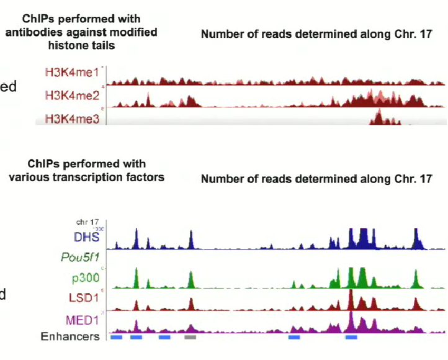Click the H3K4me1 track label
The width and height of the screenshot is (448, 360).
71,73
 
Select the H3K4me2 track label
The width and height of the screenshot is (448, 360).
71,96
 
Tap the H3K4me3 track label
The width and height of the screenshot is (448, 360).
71,118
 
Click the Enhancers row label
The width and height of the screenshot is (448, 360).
70,336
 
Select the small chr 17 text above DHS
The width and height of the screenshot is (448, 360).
87,222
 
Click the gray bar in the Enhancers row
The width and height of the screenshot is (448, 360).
190,337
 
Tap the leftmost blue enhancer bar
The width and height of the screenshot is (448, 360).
117,337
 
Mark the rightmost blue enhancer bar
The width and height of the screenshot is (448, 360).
351,337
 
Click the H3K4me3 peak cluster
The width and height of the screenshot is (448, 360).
382,118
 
